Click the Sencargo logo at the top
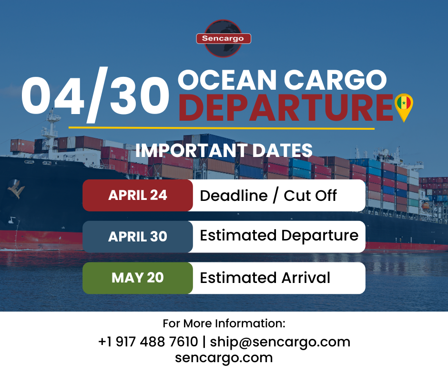(x=224, y=38)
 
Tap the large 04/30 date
(x=95, y=95)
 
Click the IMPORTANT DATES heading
(x=224, y=150)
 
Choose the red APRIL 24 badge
(x=138, y=195)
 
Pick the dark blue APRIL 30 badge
(x=138, y=237)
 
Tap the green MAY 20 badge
(x=138, y=278)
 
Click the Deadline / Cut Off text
(x=268, y=195)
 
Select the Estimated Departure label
(x=279, y=236)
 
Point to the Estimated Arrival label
(x=265, y=278)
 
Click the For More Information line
(x=224, y=324)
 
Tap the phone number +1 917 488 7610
(x=148, y=342)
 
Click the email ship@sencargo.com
(x=280, y=342)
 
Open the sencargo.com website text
(x=224, y=357)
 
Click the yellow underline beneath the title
(x=222, y=128)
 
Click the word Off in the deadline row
(x=325, y=195)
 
